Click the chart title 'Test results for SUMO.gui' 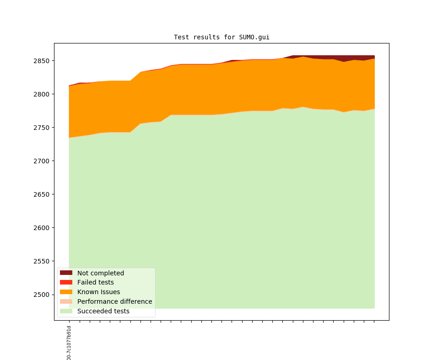221,37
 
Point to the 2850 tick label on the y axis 42,61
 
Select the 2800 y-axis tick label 42,94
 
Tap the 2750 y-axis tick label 42,128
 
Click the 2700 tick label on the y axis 42,161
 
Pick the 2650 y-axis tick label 42,194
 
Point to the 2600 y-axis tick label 42,228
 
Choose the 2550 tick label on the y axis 42,261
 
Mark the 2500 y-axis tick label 42,295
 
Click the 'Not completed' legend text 100,273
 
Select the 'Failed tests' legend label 95,282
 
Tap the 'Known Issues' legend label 98,292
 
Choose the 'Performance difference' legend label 114,301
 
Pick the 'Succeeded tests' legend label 103,311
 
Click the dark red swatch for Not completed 66,273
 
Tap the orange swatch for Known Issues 66,292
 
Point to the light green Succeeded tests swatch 66,311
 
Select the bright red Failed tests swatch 66,282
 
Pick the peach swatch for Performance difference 66,301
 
